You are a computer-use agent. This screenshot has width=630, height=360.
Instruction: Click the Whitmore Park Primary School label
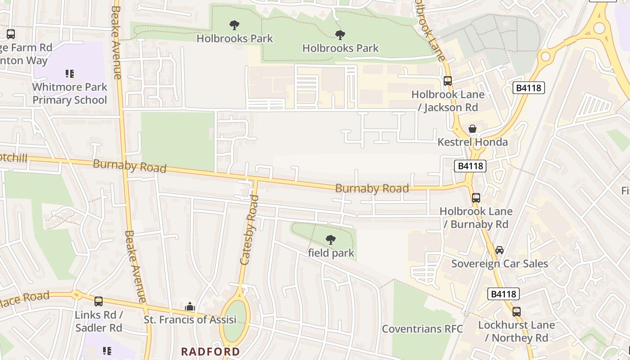tap(70, 94)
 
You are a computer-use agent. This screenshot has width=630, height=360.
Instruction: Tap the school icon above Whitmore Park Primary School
tap(70, 73)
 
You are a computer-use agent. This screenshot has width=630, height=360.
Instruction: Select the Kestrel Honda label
tap(472, 142)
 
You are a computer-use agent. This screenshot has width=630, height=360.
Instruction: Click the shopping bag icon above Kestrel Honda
tap(472, 129)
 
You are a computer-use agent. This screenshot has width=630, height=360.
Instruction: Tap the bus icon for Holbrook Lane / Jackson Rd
tap(447, 81)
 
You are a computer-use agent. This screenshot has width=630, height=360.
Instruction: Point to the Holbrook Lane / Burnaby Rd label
tap(476, 218)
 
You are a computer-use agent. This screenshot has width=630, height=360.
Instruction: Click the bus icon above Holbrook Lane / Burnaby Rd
tap(476, 198)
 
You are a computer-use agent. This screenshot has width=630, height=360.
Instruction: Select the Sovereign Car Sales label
tap(499, 264)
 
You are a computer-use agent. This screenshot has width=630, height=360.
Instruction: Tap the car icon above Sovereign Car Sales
tap(499, 250)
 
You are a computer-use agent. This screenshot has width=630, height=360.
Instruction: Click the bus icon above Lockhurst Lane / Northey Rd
tap(516, 311)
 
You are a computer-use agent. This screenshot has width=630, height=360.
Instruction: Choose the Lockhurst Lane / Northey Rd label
tap(516, 331)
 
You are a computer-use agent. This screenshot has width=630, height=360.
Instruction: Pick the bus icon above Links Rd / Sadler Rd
tap(99, 301)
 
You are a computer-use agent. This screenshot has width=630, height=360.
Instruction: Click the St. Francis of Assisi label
tap(190, 320)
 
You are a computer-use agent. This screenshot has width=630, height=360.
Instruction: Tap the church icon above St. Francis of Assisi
tap(190, 307)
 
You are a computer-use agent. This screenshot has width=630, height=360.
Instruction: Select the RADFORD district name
tap(211, 351)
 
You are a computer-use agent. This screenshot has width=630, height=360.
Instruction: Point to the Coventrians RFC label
tap(422, 329)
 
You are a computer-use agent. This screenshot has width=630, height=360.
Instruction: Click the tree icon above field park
tap(331, 240)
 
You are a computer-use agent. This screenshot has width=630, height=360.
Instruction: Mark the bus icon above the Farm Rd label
tap(11, 34)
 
